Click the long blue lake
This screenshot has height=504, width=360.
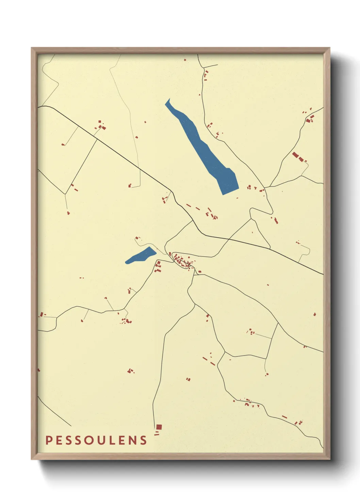click(204, 150)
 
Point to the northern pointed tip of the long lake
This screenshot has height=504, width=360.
click(168, 100)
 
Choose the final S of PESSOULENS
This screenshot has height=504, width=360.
click(144, 440)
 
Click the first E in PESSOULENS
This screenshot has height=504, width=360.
click(59, 440)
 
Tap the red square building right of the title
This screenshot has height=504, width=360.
click(159, 427)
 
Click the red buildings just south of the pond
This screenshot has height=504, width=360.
click(158, 266)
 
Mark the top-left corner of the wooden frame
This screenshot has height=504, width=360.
click(32, 48)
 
